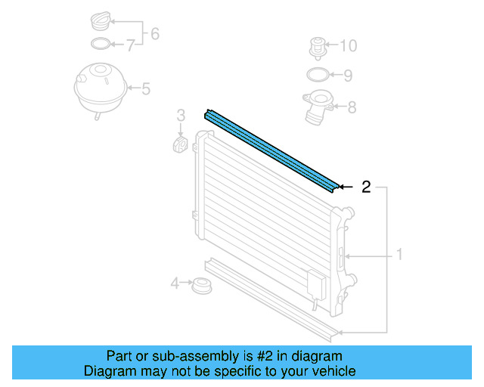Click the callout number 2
coord(366,187)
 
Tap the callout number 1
coord(399,255)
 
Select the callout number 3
coord(181,115)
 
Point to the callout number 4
coord(175,284)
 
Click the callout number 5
coord(146,89)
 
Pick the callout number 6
coord(155,33)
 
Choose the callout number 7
coord(130,46)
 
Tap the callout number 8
coord(352,107)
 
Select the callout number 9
coord(348,76)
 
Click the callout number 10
coord(348,46)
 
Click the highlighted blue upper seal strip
coord(272,150)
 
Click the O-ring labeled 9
coord(318,75)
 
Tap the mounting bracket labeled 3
coord(181,144)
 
